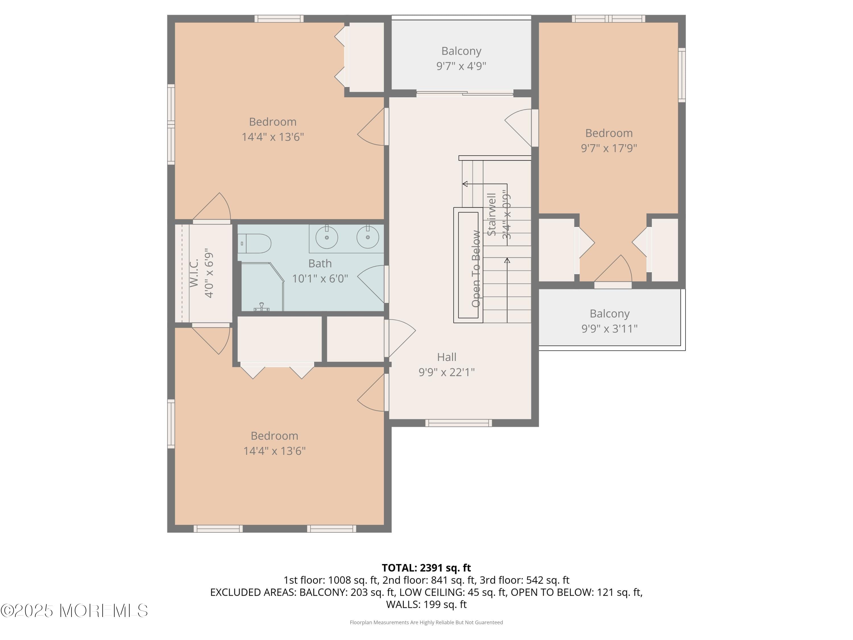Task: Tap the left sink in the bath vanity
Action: coord(327,237)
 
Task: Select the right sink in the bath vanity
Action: coord(367,237)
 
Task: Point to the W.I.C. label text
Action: coord(194,273)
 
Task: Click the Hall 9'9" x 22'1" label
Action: coord(447,364)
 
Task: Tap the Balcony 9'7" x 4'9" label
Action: coord(461,58)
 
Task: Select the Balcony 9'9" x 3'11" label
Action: coord(609,321)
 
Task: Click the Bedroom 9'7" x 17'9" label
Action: coord(609,141)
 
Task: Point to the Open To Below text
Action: coord(476,269)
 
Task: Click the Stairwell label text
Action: coord(492,214)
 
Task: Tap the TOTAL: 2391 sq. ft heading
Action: coord(426,568)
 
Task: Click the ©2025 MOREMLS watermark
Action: coord(74,611)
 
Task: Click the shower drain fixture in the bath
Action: coord(262,307)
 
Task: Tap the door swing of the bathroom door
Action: coord(370,284)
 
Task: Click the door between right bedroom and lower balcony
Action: coord(613,285)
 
